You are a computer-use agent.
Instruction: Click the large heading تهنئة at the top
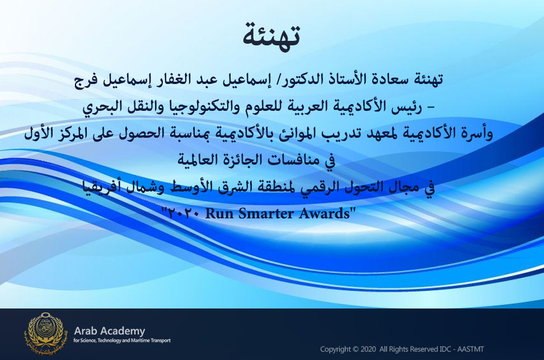point(271,36)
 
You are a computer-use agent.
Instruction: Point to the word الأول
point(39,133)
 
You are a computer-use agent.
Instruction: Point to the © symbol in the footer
point(355,349)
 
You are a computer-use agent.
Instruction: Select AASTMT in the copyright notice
point(471,349)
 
